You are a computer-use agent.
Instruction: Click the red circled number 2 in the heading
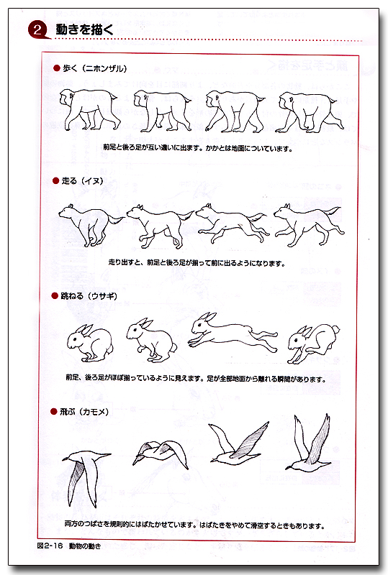click(x=37, y=29)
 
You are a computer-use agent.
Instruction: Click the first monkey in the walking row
click(x=87, y=109)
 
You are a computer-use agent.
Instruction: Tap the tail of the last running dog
click(x=333, y=211)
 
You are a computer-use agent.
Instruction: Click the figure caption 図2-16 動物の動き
click(x=69, y=547)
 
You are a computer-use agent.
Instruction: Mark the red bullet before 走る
click(x=55, y=180)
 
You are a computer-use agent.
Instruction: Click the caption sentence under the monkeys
click(x=198, y=149)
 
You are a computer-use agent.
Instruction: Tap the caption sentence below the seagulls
click(x=194, y=525)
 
